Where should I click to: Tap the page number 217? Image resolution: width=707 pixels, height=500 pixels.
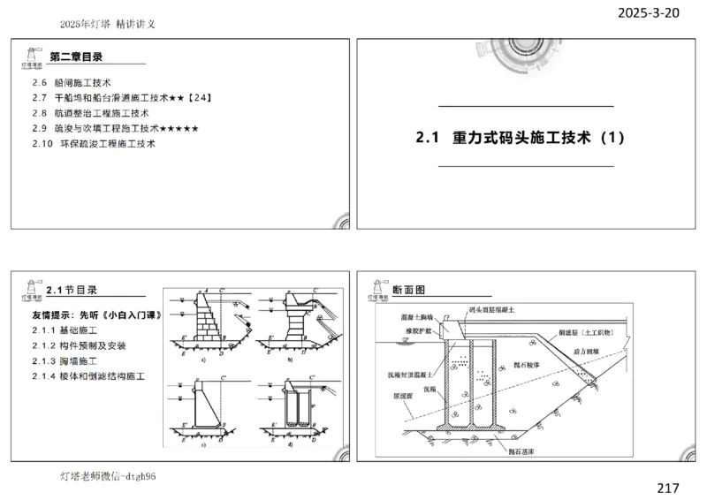click(668, 487)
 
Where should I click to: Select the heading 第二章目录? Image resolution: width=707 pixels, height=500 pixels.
click(76, 57)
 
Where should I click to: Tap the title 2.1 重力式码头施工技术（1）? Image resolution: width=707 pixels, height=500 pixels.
click(521, 138)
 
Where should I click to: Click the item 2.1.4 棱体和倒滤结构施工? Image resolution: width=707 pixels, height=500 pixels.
click(88, 376)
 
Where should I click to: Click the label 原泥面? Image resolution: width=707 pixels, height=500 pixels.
click(401, 397)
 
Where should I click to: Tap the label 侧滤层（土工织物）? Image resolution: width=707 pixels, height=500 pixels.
click(589, 333)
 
